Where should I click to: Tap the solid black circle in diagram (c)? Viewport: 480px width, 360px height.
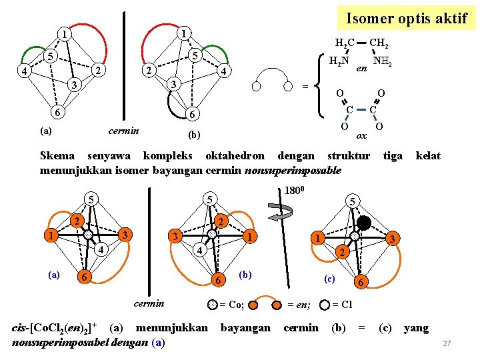(x=364, y=223)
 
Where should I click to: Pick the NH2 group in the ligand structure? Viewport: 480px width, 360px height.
(x=382, y=61)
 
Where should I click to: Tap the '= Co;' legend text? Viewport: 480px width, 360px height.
(x=232, y=305)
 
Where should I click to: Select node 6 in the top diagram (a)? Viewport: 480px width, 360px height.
(x=59, y=111)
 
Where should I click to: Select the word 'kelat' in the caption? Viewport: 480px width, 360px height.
(x=428, y=156)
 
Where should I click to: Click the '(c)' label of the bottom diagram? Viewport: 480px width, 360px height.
(x=329, y=279)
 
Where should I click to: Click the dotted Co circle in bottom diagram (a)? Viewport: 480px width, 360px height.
(x=87, y=235)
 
